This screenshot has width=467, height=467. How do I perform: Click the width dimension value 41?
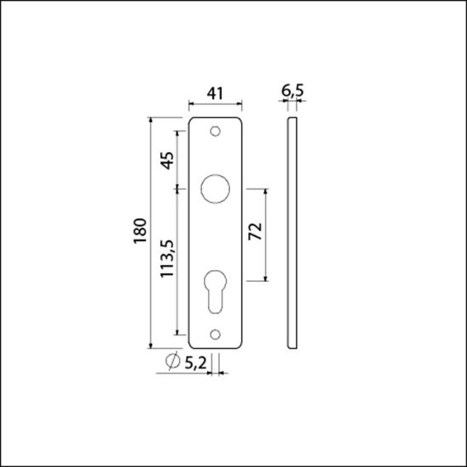click(x=216, y=94)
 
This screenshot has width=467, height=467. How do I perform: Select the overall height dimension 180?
click(x=139, y=232)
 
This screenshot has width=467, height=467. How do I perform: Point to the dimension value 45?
click(x=166, y=160)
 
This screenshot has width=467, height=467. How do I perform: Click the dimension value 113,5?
click(x=166, y=261)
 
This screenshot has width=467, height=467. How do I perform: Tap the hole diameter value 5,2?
click(x=194, y=363)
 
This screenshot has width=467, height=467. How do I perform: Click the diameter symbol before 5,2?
click(x=171, y=363)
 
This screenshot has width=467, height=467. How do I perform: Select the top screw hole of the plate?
click(x=216, y=132)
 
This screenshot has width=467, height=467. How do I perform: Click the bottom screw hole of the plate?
click(x=216, y=335)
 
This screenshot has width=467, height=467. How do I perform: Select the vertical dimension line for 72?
click(x=269, y=234)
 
